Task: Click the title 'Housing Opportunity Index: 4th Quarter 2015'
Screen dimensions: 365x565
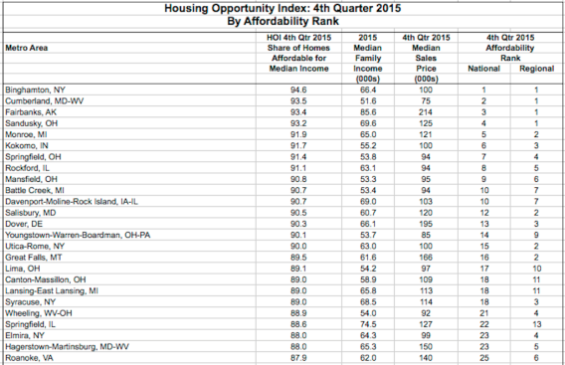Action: (x=282, y=7)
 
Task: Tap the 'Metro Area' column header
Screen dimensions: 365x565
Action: (x=27, y=45)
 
